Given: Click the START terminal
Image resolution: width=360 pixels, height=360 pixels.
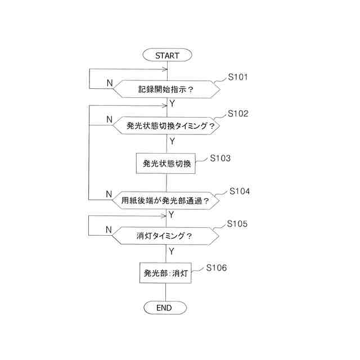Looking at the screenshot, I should tap(167, 55).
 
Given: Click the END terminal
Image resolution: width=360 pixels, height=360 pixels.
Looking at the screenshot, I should tap(164, 308).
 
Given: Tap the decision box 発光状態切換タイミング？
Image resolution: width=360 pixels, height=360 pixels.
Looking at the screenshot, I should tap(166, 126).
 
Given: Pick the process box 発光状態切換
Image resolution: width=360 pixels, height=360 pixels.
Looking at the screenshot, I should tap(167, 164).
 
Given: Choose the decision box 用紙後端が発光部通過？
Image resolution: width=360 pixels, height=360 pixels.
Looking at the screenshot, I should tap(166, 200).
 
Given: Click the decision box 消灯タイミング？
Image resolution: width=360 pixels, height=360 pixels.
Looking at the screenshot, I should tap(165, 236).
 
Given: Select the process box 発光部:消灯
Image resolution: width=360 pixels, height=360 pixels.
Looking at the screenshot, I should tap(165, 274).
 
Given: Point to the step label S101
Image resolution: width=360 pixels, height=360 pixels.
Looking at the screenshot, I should tap(238, 77).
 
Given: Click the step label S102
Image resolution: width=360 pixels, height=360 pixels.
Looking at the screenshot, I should tap(238, 114).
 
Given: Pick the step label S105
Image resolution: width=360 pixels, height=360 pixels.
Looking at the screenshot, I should tap(237, 224).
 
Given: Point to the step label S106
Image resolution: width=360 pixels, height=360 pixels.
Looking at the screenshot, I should tap(217, 268).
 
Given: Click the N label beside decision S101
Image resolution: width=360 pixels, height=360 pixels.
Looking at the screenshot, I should tap(109, 83).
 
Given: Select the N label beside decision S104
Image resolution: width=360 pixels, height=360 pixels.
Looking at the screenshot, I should tap(109, 194).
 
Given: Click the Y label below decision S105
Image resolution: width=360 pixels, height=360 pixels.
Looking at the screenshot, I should tap(171, 250).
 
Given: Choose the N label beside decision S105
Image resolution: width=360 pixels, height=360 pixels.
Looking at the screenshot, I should tap(109, 229).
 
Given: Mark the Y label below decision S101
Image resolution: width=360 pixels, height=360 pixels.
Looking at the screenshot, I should tap(172, 103).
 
